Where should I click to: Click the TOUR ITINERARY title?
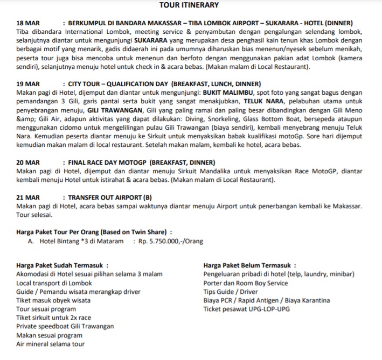(x=189, y=5)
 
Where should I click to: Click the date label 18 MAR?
(x=28, y=23)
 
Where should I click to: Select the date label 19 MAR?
(x=28, y=84)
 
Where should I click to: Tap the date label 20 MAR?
(x=28, y=162)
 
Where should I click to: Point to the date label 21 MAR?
(x=28, y=197)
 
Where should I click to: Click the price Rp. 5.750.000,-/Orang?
(x=171, y=241)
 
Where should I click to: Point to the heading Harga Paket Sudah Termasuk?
(x=62, y=265)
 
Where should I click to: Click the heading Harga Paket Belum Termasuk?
(x=249, y=265)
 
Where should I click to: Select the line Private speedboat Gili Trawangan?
(x=65, y=326)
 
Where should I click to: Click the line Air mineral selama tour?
(x=51, y=344)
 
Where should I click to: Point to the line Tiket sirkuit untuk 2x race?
(x=54, y=317)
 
